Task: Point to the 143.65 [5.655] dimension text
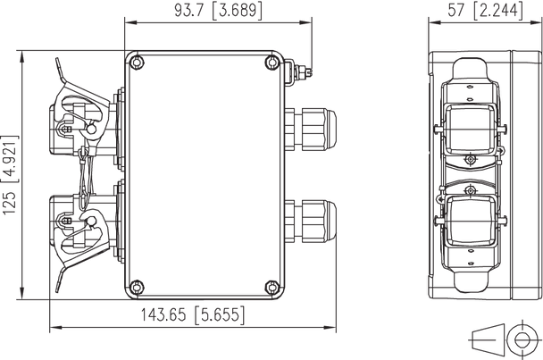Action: [192, 315]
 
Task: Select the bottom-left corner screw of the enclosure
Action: [135, 287]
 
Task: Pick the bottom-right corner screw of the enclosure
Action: [274, 287]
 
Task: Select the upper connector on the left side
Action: [80, 116]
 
